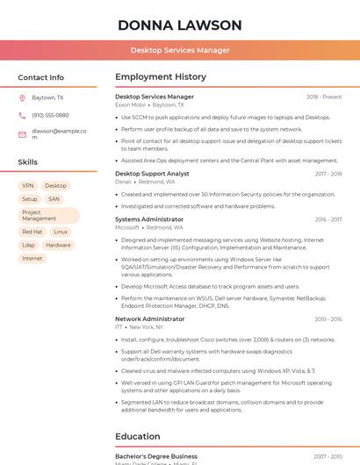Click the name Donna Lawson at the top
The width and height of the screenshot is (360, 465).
pos(179,24)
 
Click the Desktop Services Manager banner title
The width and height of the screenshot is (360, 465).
pos(180,50)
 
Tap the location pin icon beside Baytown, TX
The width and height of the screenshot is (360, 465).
pos(23,98)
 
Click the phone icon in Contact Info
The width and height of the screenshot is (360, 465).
pos(23,115)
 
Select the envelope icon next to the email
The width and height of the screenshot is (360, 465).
pos(23,134)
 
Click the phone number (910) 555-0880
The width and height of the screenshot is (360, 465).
pos(50,115)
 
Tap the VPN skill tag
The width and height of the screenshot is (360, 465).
pos(28,186)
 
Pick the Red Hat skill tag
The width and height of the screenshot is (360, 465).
pos(32,232)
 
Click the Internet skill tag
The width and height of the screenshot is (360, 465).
pos(32,259)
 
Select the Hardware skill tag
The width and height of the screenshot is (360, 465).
pos(58,245)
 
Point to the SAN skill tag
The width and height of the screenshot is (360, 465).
pos(54,199)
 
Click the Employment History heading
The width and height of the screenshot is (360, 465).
pos(161,77)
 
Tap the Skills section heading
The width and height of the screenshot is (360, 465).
pos(28,162)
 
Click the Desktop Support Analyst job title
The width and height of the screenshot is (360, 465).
pos(152,174)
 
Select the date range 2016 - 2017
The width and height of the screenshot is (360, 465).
pos(328,219)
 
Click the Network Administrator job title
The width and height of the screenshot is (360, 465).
pos(150,319)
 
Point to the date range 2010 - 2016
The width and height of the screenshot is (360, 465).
pos(328,319)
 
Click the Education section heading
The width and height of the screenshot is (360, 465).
pos(139,436)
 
